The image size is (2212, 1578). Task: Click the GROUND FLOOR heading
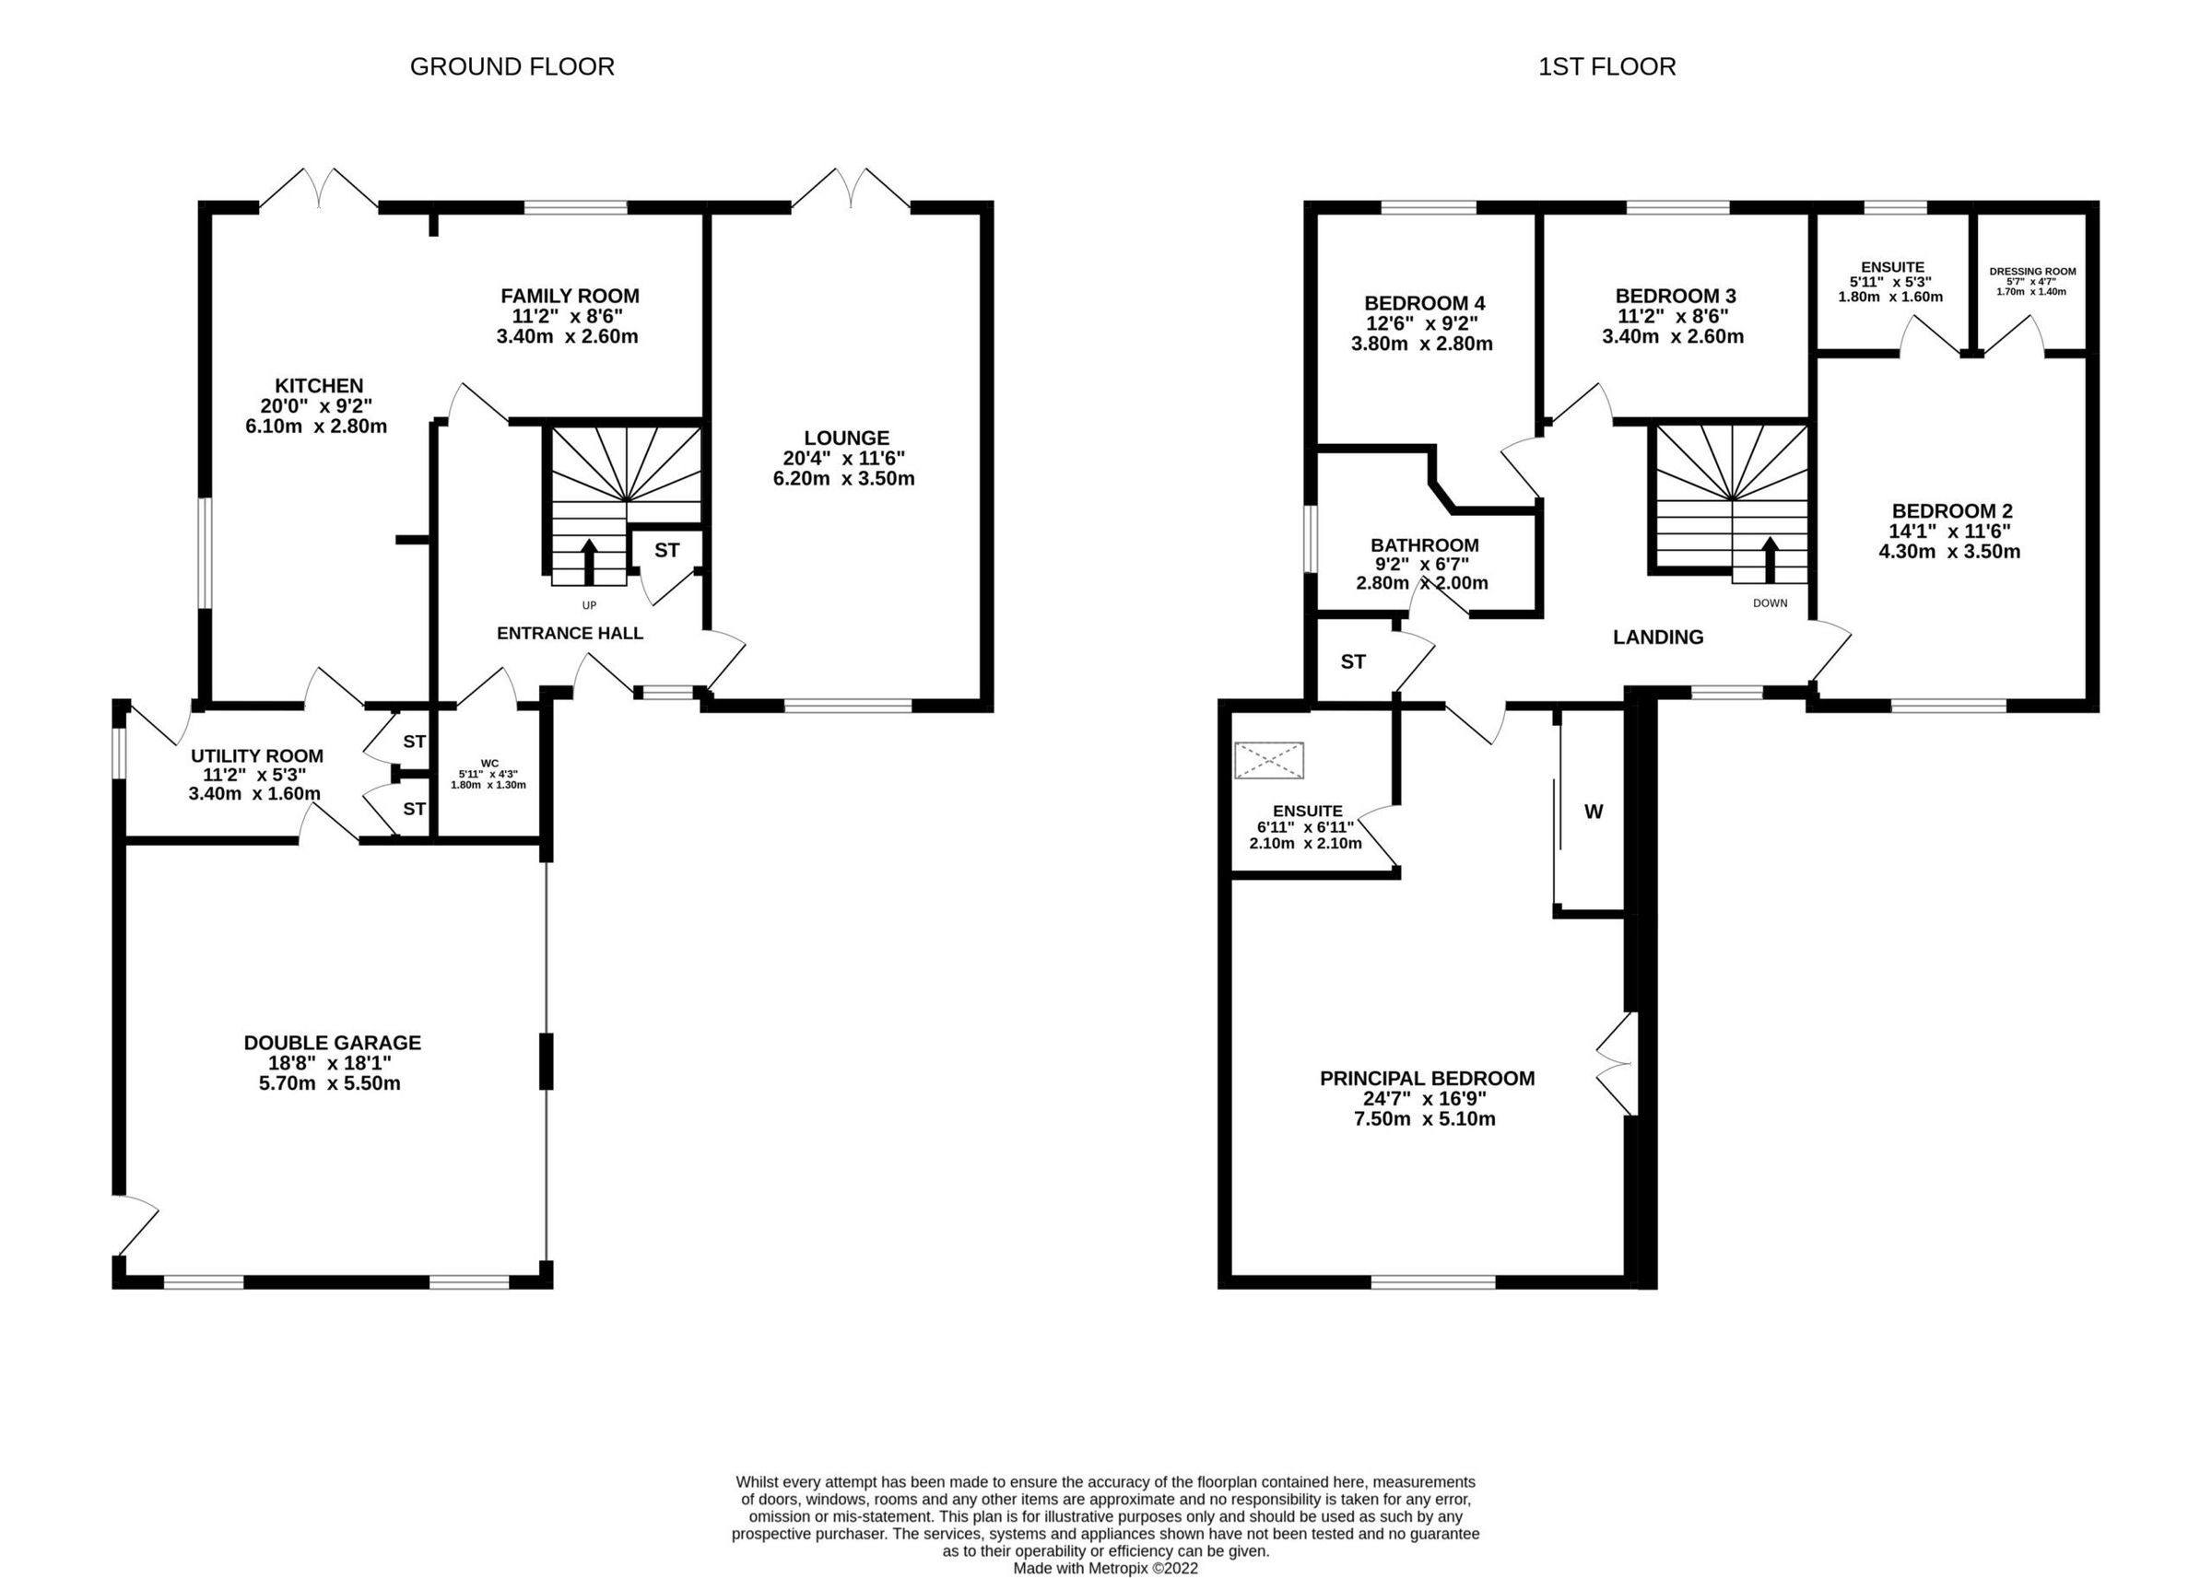[512, 66]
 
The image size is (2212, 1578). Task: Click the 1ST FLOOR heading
[1606, 66]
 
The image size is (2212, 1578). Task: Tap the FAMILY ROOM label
[570, 296]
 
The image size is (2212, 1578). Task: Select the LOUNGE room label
[845, 438]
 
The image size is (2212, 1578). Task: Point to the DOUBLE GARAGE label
[333, 1043]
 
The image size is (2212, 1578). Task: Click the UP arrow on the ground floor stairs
[589, 562]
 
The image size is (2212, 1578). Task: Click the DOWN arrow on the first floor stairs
[1770, 560]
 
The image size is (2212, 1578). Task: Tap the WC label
[488, 763]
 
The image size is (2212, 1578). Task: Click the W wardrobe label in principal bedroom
[1594, 812]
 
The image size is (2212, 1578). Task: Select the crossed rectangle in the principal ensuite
[1268, 760]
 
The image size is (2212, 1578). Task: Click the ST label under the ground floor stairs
[666, 550]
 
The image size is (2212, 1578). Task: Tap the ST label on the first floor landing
[1353, 661]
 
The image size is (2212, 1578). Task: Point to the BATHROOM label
[1425, 545]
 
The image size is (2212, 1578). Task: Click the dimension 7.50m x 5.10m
[1425, 1118]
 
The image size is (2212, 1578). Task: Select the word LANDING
[1658, 637]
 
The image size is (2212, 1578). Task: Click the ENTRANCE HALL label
[570, 634]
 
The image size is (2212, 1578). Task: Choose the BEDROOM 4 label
[1424, 302]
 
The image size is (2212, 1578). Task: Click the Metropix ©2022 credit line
[1105, 1568]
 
